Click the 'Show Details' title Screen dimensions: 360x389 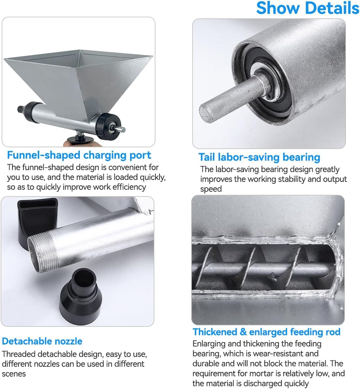[308, 8]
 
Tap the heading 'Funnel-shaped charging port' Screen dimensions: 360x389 [79, 155]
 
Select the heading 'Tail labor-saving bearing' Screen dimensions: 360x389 [259, 157]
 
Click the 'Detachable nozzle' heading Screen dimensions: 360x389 [42, 341]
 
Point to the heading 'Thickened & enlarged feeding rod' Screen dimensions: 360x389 [266, 332]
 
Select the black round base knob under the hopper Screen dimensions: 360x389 [81, 139]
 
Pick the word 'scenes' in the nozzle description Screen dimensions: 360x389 [14, 374]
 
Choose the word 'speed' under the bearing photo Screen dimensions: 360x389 [211, 189]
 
